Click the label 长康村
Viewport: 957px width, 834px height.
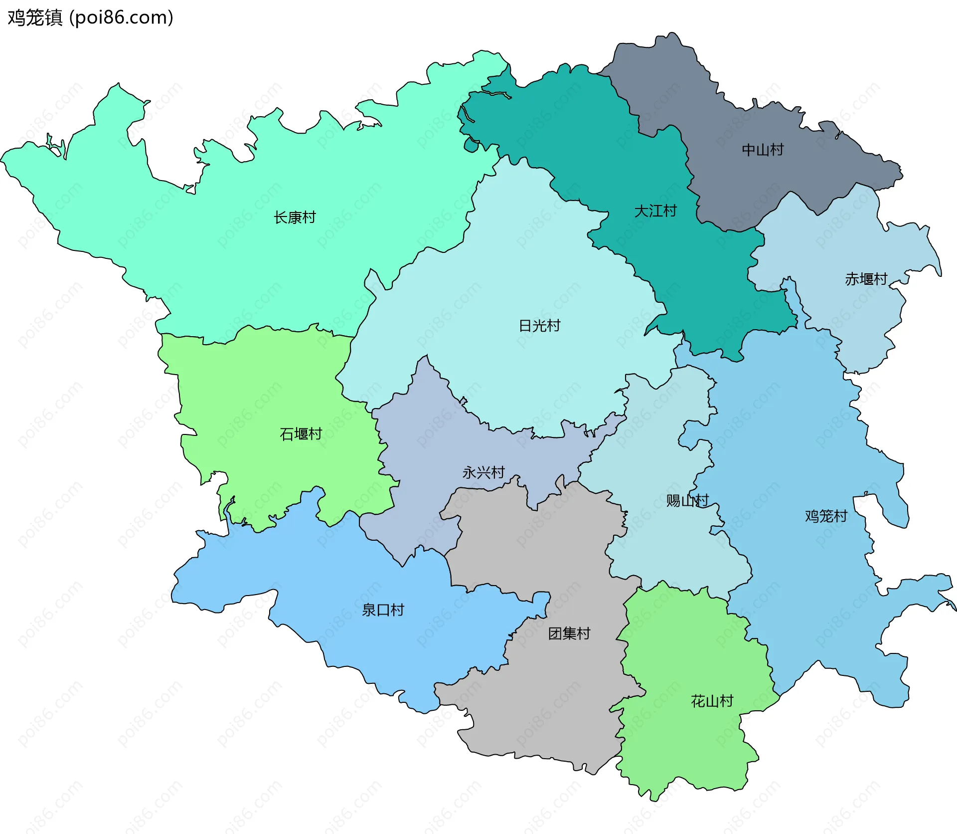(x=295, y=217)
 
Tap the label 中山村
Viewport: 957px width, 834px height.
(x=763, y=150)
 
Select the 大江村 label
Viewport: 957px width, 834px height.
(x=655, y=211)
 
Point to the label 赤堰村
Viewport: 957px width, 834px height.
(x=866, y=279)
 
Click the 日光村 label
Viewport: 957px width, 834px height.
(x=539, y=326)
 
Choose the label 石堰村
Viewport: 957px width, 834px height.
(x=301, y=434)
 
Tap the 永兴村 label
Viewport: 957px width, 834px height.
(x=483, y=472)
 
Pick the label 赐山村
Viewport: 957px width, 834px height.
(x=687, y=500)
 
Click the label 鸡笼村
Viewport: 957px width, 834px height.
(x=826, y=516)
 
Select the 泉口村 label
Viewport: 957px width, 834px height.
(x=383, y=610)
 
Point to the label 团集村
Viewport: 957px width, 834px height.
(x=569, y=633)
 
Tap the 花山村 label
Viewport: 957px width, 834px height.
(x=712, y=701)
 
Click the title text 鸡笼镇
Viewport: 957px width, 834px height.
(x=35, y=17)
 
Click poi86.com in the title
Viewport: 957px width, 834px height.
(x=121, y=17)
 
